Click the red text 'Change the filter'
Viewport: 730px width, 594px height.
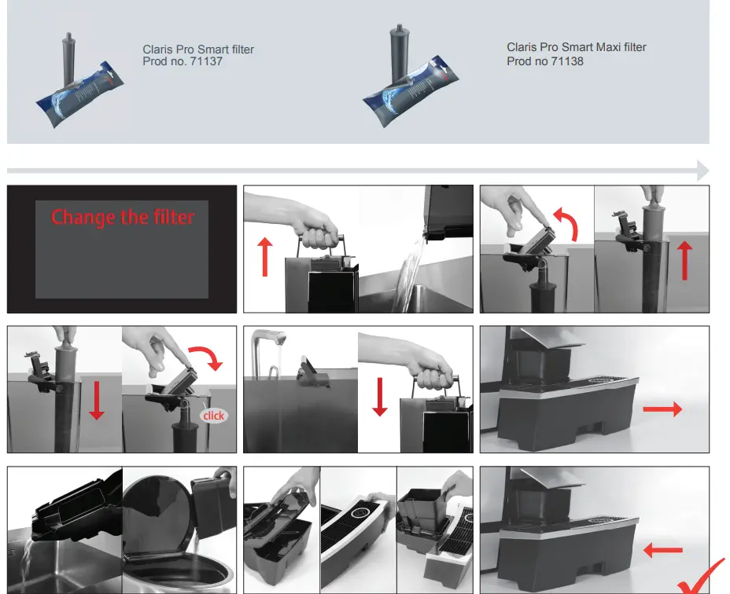(123, 217)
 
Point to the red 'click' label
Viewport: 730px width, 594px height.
(213, 416)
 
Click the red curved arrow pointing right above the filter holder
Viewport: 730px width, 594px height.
(206, 357)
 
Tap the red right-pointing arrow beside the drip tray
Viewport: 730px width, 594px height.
(662, 409)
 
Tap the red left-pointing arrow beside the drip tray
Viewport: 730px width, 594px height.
(663, 550)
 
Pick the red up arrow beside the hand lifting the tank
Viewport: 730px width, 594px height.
(265, 256)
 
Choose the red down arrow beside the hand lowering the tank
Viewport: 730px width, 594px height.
(380, 397)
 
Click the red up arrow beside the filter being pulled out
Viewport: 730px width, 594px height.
(684, 261)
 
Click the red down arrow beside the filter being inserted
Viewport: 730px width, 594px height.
(97, 400)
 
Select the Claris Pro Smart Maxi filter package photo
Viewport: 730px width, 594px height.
(410, 77)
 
